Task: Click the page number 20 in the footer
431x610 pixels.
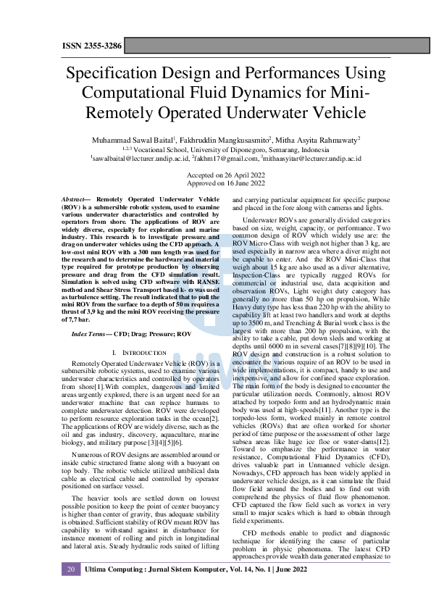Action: [71, 590]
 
